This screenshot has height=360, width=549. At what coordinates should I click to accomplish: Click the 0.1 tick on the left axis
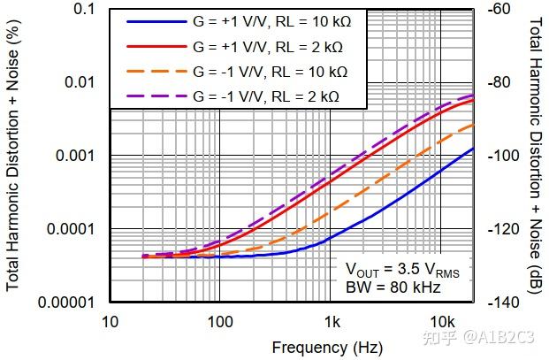[x=83, y=9]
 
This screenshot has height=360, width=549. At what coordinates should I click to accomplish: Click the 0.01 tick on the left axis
[x=80, y=82]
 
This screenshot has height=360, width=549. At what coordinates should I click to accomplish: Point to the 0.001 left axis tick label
[x=75, y=156]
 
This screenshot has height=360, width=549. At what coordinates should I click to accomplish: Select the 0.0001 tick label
[x=72, y=229]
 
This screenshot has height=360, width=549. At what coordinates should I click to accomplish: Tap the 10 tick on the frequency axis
[x=110, y=320]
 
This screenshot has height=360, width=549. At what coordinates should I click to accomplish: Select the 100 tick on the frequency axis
[x=219, y=320]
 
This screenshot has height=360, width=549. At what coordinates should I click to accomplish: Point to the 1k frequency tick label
[x=331, y=320]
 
